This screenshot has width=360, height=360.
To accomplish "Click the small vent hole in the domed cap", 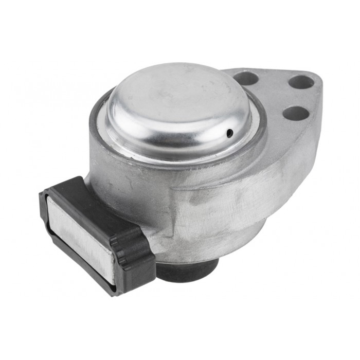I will click(230, 133).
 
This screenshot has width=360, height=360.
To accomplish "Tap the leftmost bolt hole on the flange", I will click(247, 78).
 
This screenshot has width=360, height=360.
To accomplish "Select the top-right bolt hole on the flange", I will click(301, 81).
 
